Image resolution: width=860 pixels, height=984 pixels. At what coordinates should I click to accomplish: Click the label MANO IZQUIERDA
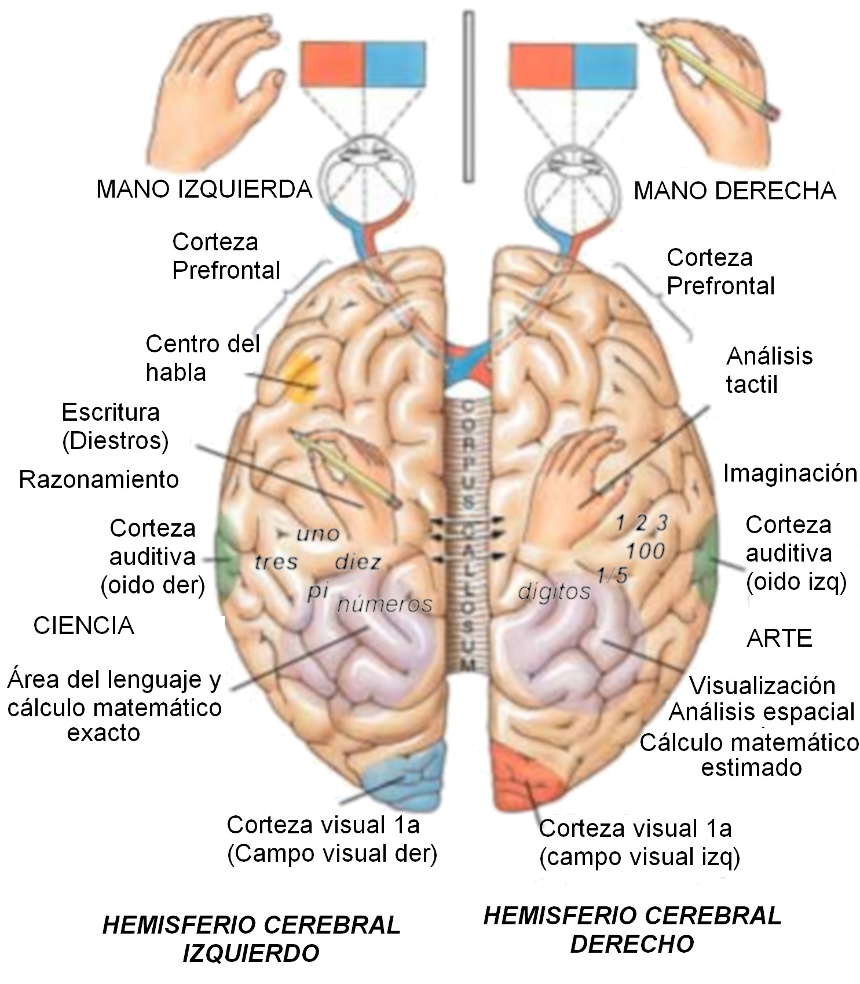click(204, 189)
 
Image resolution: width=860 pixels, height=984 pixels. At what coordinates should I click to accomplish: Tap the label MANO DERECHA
click(734, 191)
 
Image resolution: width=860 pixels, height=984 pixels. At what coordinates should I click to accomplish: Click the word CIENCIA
click(84, 626)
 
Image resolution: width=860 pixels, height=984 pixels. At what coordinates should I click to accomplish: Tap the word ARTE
click(779, 638)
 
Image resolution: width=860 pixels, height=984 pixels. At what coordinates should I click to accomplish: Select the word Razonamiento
click(99, 480)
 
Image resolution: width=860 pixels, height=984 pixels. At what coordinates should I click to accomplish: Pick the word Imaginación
click(790, 473)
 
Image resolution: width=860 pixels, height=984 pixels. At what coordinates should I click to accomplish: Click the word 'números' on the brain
click(385, 604)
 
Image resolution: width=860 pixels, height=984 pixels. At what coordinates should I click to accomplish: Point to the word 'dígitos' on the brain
click(554, 591)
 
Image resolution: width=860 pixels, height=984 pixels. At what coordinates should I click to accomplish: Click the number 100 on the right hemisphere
click(645, 550)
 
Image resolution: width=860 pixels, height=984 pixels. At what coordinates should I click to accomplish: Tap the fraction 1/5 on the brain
click(612, 575)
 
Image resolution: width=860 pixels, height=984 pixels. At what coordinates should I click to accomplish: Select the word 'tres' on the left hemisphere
click(277, 561)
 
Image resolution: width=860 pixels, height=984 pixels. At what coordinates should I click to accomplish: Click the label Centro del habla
click(203, 358)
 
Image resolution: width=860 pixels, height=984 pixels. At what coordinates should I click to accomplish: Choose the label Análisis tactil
click(769, 370)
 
